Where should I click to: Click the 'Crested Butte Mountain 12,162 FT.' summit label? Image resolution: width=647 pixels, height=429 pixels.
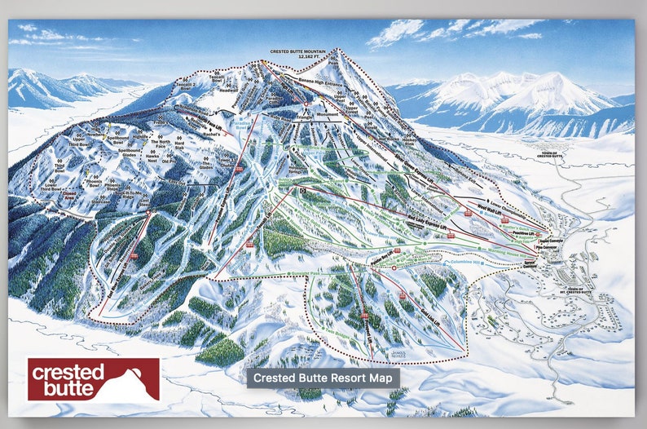[x=295, y=54]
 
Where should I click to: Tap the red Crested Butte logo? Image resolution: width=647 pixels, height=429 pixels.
[x=94, y=379]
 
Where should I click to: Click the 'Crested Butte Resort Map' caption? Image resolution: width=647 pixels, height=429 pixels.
[x=323, y=378]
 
